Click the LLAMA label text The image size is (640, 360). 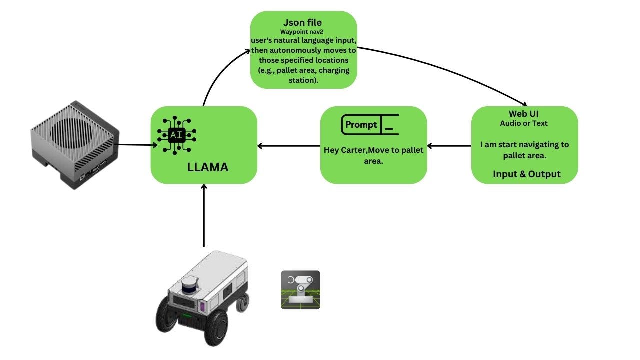click(207, 167)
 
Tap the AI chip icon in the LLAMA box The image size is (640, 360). click(176, 134)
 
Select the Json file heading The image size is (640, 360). click(303, 22)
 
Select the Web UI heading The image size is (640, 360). click(524, 114)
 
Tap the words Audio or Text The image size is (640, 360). click(524, 123)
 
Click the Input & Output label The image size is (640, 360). click(526, 174)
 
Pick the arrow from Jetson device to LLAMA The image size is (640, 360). click(135, 145)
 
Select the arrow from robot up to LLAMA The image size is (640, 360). click(204, 215)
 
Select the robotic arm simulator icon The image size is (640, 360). click(300, 290)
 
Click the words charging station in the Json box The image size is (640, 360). click(320, 70)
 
